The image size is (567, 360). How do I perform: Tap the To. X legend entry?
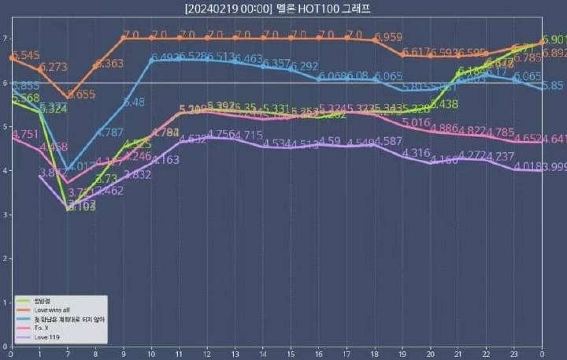[x=42, y=327]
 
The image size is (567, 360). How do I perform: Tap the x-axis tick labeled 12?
[x=207, y=354]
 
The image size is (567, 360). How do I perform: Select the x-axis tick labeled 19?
[x=402, y=354]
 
